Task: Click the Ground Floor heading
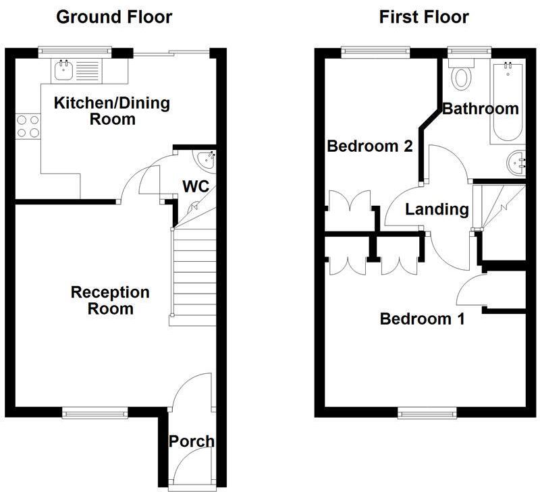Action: pos(113,17)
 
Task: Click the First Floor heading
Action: pos(424,17)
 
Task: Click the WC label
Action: pos(195,186)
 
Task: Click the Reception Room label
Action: pos(110,300)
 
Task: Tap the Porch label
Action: pos(191,441)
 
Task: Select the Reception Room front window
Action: pos(94,412)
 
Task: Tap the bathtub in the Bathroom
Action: pos(506,101)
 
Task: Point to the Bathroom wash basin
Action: pos(518,162)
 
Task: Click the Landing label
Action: pos(437,209)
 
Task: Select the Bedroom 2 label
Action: pos(369,146)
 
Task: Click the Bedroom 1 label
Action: pos(422,319)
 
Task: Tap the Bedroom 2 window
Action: pos(375,50)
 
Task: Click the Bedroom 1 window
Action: pos(426,412)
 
